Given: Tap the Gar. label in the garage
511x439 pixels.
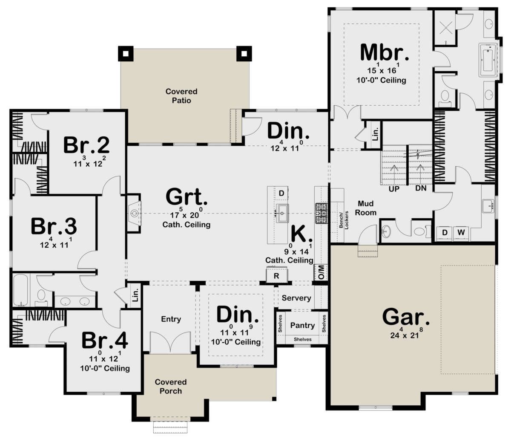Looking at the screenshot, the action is (406, 317).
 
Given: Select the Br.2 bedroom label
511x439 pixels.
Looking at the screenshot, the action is (86, 145).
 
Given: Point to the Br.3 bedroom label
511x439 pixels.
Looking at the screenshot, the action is (54, 226).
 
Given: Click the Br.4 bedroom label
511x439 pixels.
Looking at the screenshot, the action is (105, 341).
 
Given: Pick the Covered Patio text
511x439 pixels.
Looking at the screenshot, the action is (181, 96).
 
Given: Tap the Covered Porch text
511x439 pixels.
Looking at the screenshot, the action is (171, 386).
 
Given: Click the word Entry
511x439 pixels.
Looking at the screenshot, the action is (171, 319).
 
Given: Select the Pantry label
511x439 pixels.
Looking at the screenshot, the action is (302, 326).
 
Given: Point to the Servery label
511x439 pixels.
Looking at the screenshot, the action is (296, 298).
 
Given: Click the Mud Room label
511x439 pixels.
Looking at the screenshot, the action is (366, 208).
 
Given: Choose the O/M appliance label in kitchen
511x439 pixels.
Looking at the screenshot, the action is (321, 272).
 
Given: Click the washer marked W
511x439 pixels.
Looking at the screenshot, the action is (461, 233).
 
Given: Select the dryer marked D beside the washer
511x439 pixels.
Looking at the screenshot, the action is (445, 233).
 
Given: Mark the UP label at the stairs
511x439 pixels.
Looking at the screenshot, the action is (394, 189).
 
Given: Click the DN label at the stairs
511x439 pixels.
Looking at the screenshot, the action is (421, 188).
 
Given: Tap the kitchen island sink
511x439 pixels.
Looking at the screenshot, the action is (282, 213).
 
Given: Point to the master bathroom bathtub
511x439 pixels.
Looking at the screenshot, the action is (488, 60).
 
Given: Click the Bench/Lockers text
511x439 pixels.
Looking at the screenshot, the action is (344, 220).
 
